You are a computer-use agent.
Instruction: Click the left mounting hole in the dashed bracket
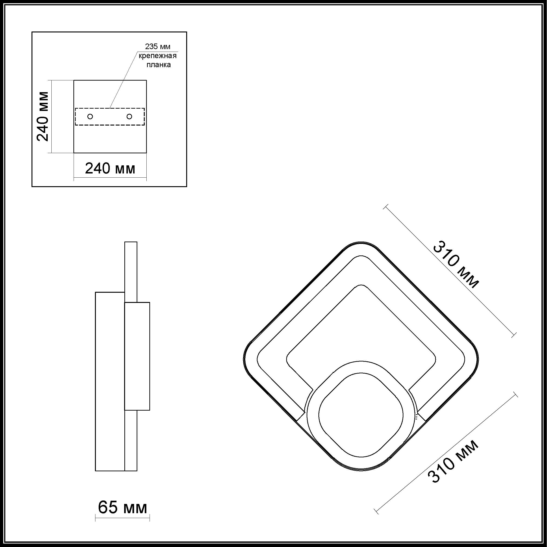tap(90, 116)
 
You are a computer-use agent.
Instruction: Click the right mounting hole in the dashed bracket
tap(129, 116)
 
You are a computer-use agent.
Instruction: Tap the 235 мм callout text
tap(158, 47)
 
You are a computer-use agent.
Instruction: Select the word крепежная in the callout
tap(157, 56)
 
